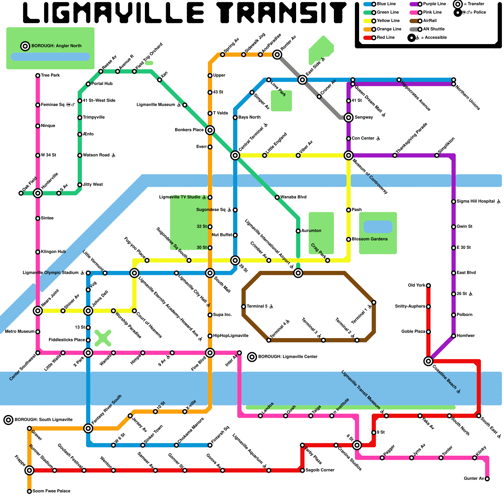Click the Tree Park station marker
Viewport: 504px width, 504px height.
(38, 76)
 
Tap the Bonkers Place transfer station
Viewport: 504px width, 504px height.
(210, 130)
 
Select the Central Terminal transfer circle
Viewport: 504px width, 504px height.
(235, 155)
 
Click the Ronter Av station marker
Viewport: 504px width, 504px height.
(277, 54)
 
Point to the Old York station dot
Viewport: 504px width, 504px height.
(428, 286)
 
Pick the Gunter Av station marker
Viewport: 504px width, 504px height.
(487, 479)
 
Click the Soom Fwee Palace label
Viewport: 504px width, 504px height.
(51, 491)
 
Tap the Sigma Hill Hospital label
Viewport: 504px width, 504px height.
(476, 201)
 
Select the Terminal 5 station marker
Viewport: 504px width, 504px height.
(243, 306)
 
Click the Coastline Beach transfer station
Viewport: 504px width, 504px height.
(428, 361)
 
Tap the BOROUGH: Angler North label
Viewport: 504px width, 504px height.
(56, 46)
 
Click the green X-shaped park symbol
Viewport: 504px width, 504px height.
(103, 338)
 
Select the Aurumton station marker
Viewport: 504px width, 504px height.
(298, 231)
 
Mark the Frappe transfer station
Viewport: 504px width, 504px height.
(29, 470)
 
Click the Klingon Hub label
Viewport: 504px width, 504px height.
(53, 252)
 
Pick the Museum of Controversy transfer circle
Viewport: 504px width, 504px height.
(348, 155)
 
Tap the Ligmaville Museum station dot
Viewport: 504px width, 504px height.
(185, 105)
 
